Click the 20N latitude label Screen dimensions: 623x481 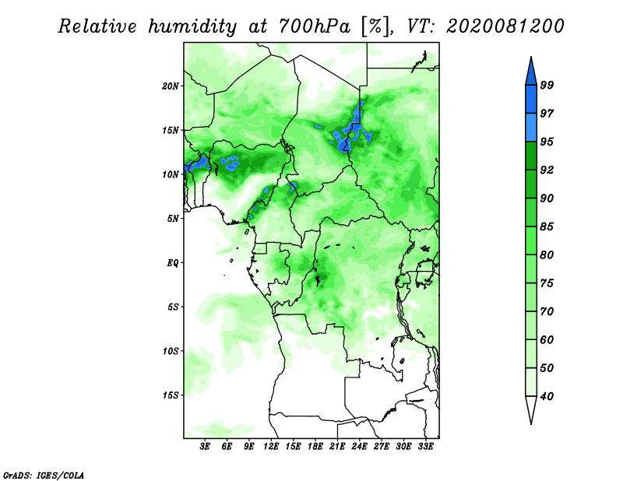[170, 86]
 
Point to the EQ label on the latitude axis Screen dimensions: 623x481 [172, 262]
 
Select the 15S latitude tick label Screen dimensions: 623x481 [170, 395]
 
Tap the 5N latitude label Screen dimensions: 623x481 [172, 219]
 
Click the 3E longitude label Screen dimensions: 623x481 [205, 446]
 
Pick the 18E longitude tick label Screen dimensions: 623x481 [315, 446]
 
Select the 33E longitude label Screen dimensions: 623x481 [425, 446]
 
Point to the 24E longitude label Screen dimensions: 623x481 [359, 446]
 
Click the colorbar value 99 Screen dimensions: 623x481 [547, 85]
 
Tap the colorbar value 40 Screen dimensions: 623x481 [547, 396]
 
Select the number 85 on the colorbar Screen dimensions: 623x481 [547, 226]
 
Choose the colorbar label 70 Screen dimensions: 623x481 [547, 311]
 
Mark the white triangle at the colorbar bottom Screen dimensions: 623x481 [531, 409]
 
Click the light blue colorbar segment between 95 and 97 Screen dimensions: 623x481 [531, 128]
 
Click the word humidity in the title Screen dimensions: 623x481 [192, 26]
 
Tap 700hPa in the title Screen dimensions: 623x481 [315, 26]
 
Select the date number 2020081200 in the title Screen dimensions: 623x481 [505, 26]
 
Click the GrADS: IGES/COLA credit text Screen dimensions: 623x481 [44, 475]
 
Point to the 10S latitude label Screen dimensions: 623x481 [170, 351]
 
